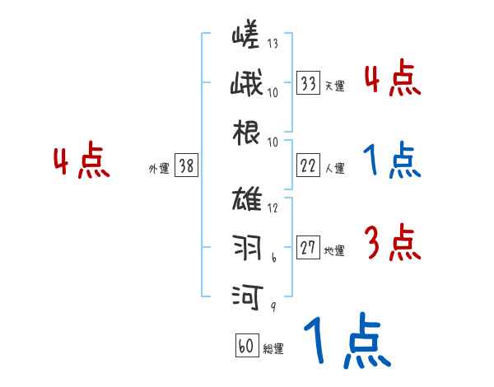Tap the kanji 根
[246, 132]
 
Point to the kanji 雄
[246, 200]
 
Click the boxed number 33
[309, 83]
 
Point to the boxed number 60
[245, 346]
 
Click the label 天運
[334, 86]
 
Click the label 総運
[273, 348]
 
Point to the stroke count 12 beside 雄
[273, 207]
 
